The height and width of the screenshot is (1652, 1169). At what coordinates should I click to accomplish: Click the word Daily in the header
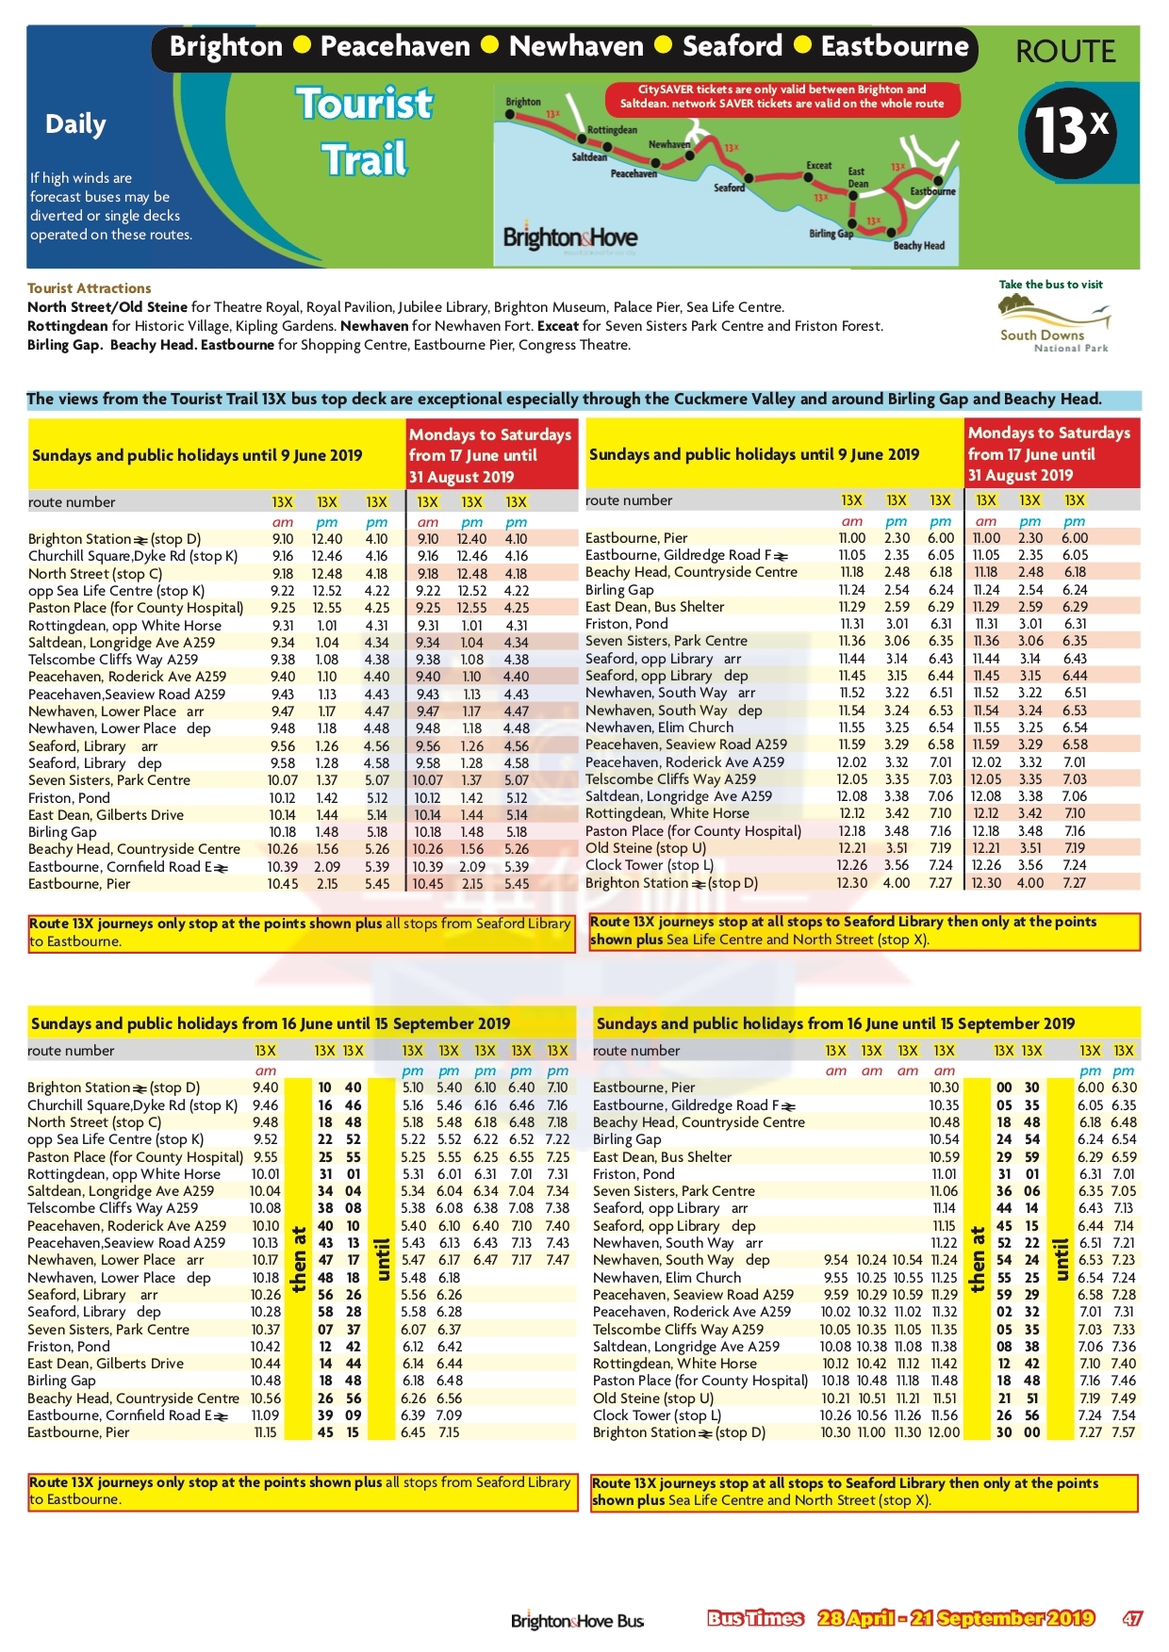click(75, 124)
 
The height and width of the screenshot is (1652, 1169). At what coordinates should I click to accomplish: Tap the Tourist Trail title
click(365, 131)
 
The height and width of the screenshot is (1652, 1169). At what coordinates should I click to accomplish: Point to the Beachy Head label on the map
click(918, 245)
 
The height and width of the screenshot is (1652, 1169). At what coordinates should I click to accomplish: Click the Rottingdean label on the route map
click(612, 130)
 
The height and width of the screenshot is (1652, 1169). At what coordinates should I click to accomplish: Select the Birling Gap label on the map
click(831, 233)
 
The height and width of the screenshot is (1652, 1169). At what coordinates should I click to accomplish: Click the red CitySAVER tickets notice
click(782, 96)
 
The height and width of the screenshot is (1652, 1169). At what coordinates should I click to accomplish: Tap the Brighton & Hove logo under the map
click(569, 237)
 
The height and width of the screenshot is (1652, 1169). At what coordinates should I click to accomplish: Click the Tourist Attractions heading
click(89, 288)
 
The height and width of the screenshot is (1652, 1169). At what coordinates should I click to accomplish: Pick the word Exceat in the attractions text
click(557, 326)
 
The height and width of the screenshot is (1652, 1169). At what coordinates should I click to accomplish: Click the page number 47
click(1132, 1618)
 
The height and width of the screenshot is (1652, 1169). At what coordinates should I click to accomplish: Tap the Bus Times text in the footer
click(755, 1618)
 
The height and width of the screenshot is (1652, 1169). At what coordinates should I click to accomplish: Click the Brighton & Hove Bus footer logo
click(577, 1621)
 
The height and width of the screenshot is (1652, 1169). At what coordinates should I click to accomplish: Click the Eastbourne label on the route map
click(932, 191)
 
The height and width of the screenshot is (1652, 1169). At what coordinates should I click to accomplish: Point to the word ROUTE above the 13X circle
click(1065, 52)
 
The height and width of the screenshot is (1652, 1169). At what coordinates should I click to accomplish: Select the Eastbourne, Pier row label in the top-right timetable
click(636, 538)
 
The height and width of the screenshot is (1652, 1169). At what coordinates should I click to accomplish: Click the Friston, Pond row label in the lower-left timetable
click(69, 1347)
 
